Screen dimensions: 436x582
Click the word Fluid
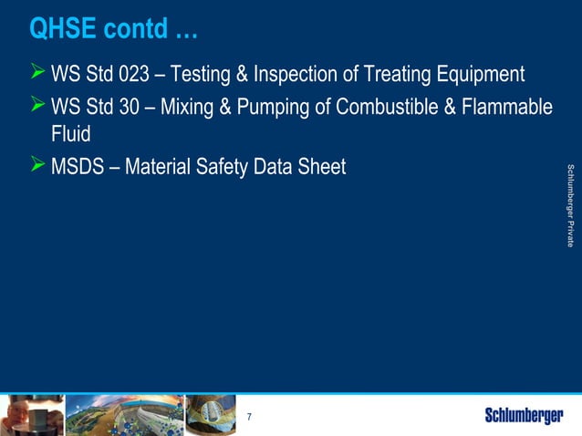pos(71,134)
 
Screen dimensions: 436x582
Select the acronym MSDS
pos(78,168)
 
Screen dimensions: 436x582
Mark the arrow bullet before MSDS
pos(36,166)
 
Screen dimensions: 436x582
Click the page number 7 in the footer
pos(249,418)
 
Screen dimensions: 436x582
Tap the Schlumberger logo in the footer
pos(523,417)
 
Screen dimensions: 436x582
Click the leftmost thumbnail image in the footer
pos(32,415)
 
